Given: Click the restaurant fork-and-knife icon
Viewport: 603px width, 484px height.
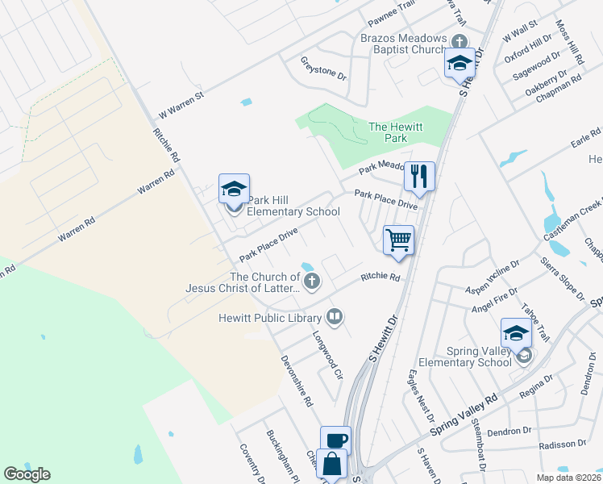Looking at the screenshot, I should (x=419, y=176).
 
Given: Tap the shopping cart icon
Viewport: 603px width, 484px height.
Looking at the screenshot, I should (x=399, y=240).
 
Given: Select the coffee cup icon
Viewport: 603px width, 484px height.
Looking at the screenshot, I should (x=336, y=440).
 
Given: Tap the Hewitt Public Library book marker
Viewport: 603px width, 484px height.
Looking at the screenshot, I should (x=335, y=317).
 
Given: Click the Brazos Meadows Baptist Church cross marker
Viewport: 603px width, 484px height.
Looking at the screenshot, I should (x=459, y=41).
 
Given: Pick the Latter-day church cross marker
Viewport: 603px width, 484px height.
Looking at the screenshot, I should (x=311, y=281).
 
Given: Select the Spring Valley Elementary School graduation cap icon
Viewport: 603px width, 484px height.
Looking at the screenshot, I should (x=517, y=332).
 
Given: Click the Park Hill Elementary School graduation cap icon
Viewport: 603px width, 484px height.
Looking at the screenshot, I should (x=234, y=189).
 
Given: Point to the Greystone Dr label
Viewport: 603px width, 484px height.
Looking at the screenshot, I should (x=323, y=69).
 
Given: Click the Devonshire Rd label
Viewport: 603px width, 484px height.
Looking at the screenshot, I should (x=297, y=380).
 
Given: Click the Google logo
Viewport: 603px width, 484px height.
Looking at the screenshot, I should (x=27, y=474).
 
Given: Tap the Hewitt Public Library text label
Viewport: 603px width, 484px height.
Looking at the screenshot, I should (x=270, y=318).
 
